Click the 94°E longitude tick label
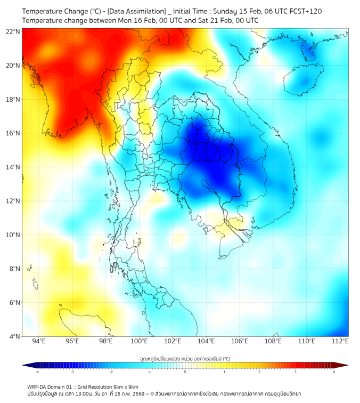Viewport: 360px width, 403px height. click(39, 341)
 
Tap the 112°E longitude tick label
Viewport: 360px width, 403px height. click(340, 341)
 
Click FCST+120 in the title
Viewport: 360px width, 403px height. click(304, 11)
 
